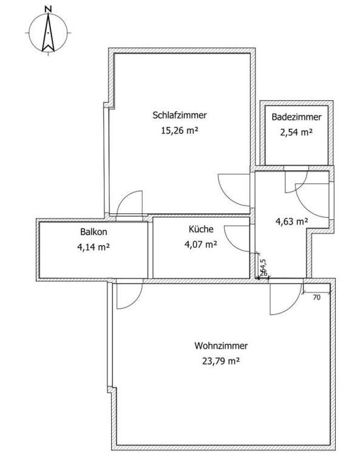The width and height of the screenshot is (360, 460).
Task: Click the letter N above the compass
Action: pos(49,9)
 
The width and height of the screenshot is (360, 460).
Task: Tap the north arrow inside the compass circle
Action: pos(48,32)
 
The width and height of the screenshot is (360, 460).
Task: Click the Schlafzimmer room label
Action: pos(180,115)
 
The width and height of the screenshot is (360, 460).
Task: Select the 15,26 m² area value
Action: pos(180,130)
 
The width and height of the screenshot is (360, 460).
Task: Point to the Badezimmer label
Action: pos(296,117)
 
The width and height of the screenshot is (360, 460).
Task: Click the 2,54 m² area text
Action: pos(296,132)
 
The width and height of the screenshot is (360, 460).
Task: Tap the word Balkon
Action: pos(93,232)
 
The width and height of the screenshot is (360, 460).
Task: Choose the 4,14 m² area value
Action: pos(93,247)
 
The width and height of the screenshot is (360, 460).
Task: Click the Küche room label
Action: pos(201,229)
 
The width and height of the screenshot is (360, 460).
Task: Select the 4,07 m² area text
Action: pos(201,244)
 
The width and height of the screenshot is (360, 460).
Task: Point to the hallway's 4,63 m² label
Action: pos(291,221)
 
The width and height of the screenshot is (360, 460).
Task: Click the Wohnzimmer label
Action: pos(221,346)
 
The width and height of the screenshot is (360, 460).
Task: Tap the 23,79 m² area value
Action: pos(221,361)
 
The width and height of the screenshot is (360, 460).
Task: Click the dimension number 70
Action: pos(317,298)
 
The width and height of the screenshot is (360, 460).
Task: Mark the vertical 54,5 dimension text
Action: pos(263,266)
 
